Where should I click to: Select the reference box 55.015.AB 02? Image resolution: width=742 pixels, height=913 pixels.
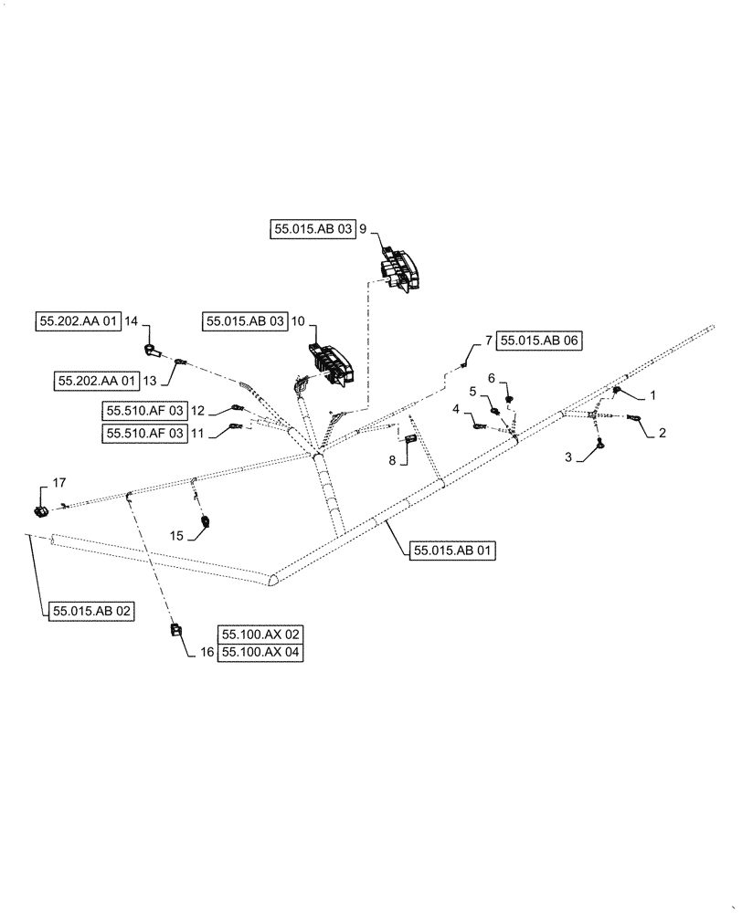pos(91,611)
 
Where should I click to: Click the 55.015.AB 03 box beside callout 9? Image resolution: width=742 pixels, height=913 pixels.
pos(312,230)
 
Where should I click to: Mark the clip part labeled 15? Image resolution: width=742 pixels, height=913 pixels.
pos(206,522)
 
